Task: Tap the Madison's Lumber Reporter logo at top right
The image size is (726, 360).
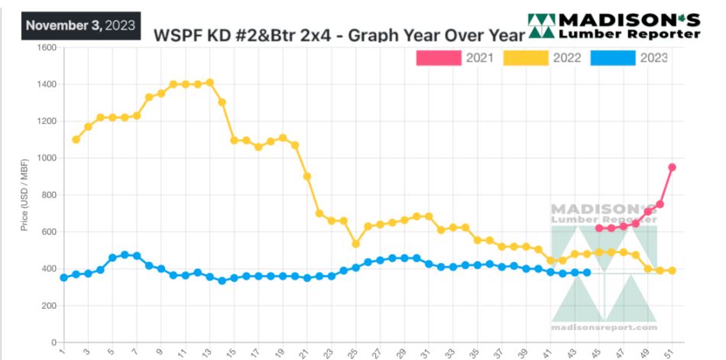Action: coord(614,26)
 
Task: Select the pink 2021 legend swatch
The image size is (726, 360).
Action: coord(439,57)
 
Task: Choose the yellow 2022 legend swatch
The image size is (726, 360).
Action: coord(527,57)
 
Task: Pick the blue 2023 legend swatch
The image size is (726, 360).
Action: coord(613,57)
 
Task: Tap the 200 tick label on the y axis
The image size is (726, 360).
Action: coord(49,306)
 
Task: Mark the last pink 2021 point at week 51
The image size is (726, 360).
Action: coord(673,167)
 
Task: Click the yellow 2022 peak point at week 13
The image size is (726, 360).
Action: coord(209,83)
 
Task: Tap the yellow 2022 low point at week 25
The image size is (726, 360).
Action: coord(355,244)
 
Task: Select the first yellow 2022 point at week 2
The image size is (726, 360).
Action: coord(76,140)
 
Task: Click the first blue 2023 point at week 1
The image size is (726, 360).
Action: coord(63,277)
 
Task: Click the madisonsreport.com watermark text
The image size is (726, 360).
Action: coord(604,327)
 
